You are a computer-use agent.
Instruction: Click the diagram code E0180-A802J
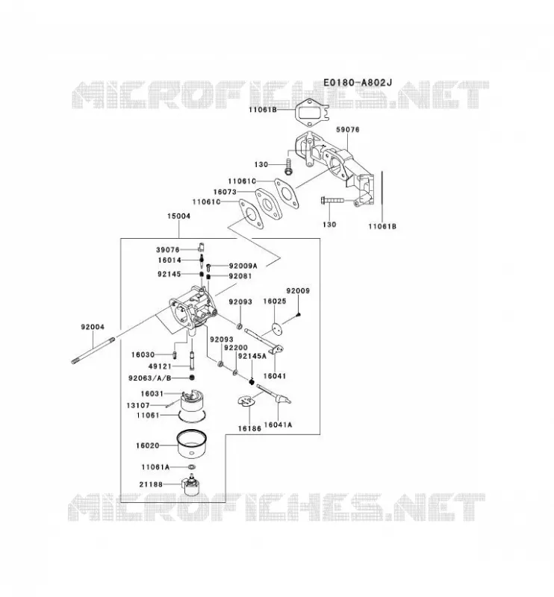pos(358,82)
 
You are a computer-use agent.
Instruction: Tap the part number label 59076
pos(347,129)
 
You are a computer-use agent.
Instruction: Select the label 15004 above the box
pos(178,216)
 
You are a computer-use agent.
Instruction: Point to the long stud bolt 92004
pos(93,350)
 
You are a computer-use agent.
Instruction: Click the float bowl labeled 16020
pos(191,444)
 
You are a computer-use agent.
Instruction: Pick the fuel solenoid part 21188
pos(192,486)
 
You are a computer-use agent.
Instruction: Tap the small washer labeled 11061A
pos(192,467)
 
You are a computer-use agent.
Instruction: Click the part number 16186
pos(249,428)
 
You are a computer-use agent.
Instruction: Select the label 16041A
pos(278,425)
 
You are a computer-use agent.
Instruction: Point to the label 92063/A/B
pos(150,378)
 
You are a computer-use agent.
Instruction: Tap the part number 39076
pos(168,250)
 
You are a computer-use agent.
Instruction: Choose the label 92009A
pos(243,266)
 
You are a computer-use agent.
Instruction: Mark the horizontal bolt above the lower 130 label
pos(332,199)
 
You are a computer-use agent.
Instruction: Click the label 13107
pos(138,405)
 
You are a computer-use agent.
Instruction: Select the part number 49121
pos(160,366)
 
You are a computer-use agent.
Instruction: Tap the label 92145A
pos(252,356)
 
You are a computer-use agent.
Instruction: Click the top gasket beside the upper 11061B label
pos(310,111)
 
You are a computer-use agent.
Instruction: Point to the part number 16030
pos(143,354)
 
